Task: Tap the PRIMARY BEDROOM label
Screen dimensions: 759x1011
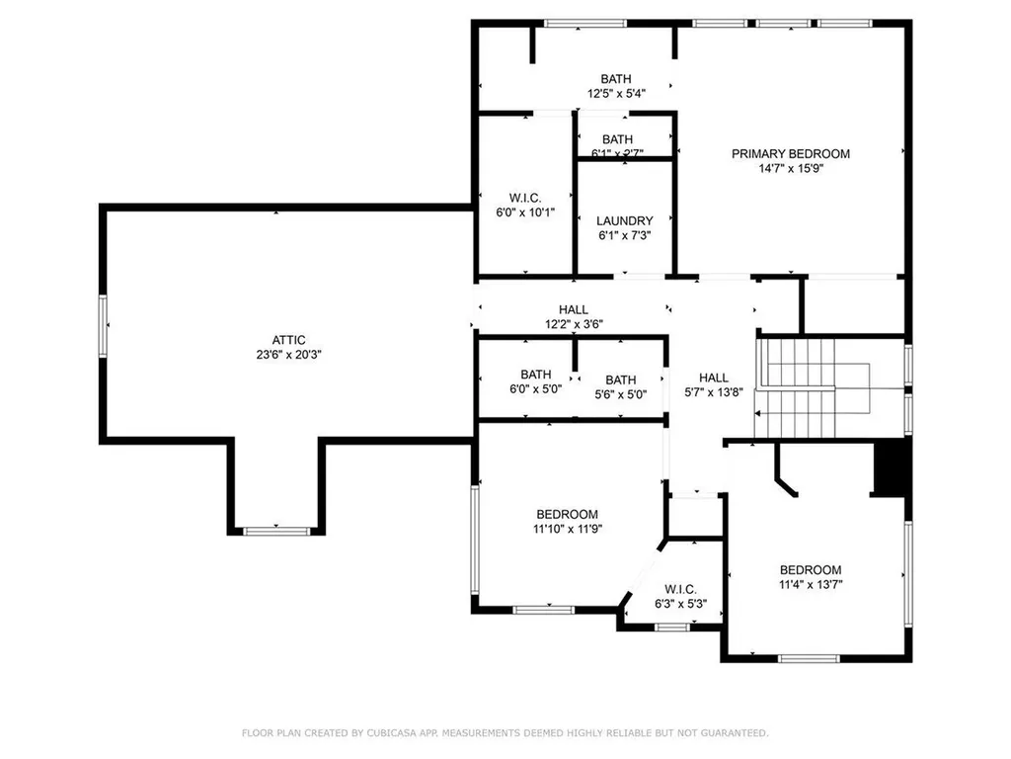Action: coord(790,153)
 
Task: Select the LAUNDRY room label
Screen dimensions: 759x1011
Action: coord(625,220)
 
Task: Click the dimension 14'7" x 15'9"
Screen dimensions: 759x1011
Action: coord(790,168)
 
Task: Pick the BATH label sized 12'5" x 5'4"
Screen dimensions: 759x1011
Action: coord(616,79)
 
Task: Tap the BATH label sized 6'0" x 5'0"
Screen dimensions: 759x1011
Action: coord(536,375)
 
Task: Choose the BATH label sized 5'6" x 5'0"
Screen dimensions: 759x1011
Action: coord(621,379)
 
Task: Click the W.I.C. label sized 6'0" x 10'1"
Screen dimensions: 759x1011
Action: coord(525,197)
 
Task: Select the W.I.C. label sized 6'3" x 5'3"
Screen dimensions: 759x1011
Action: coord(679,588)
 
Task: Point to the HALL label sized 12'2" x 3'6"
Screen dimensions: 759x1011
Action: coord(573,309)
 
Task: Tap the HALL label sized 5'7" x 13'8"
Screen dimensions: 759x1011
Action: coord(714,378)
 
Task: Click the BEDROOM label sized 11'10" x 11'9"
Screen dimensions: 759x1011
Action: coord(567,514)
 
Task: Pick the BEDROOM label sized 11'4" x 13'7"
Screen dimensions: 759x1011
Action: coord(811,569)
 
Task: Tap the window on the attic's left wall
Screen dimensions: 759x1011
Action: coord(102,324)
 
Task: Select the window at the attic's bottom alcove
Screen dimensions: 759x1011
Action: coord(277,531)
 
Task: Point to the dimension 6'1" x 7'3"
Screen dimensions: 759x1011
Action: coord(625,235)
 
